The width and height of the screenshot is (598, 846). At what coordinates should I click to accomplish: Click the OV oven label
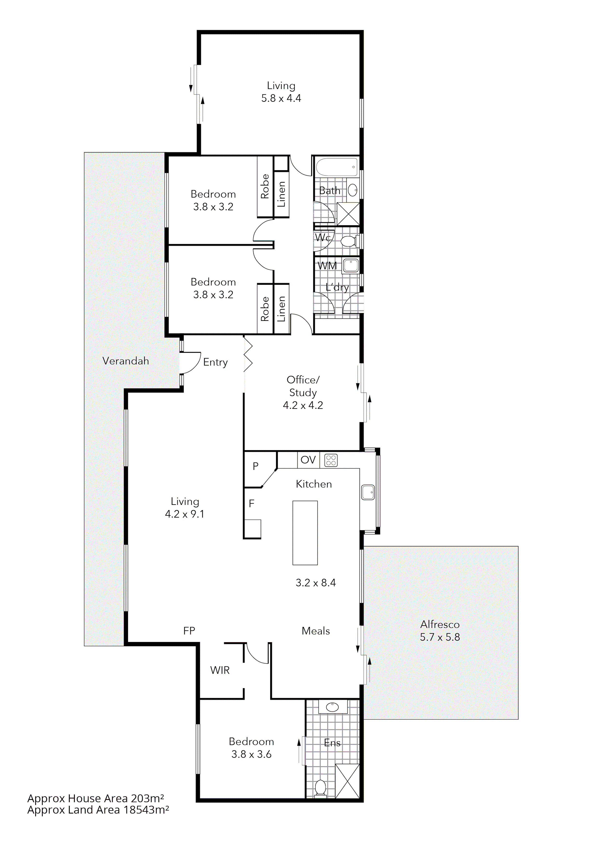click(x=308, y=460)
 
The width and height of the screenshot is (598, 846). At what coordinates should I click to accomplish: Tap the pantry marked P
click(x=256, y=467)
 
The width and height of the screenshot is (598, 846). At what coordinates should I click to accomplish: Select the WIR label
click(x=220, y=670)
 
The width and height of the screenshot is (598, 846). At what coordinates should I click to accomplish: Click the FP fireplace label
click(x=189, y=631)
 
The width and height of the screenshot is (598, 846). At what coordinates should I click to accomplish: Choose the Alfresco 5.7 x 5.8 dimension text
click(x=440, y=637)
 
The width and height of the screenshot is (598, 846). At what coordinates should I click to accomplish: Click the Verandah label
click(x=126, y=361)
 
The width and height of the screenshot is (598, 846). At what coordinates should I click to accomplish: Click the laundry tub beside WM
click(x=350, y=266)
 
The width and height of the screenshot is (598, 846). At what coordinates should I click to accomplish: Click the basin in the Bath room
click(x=352, y=190)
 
